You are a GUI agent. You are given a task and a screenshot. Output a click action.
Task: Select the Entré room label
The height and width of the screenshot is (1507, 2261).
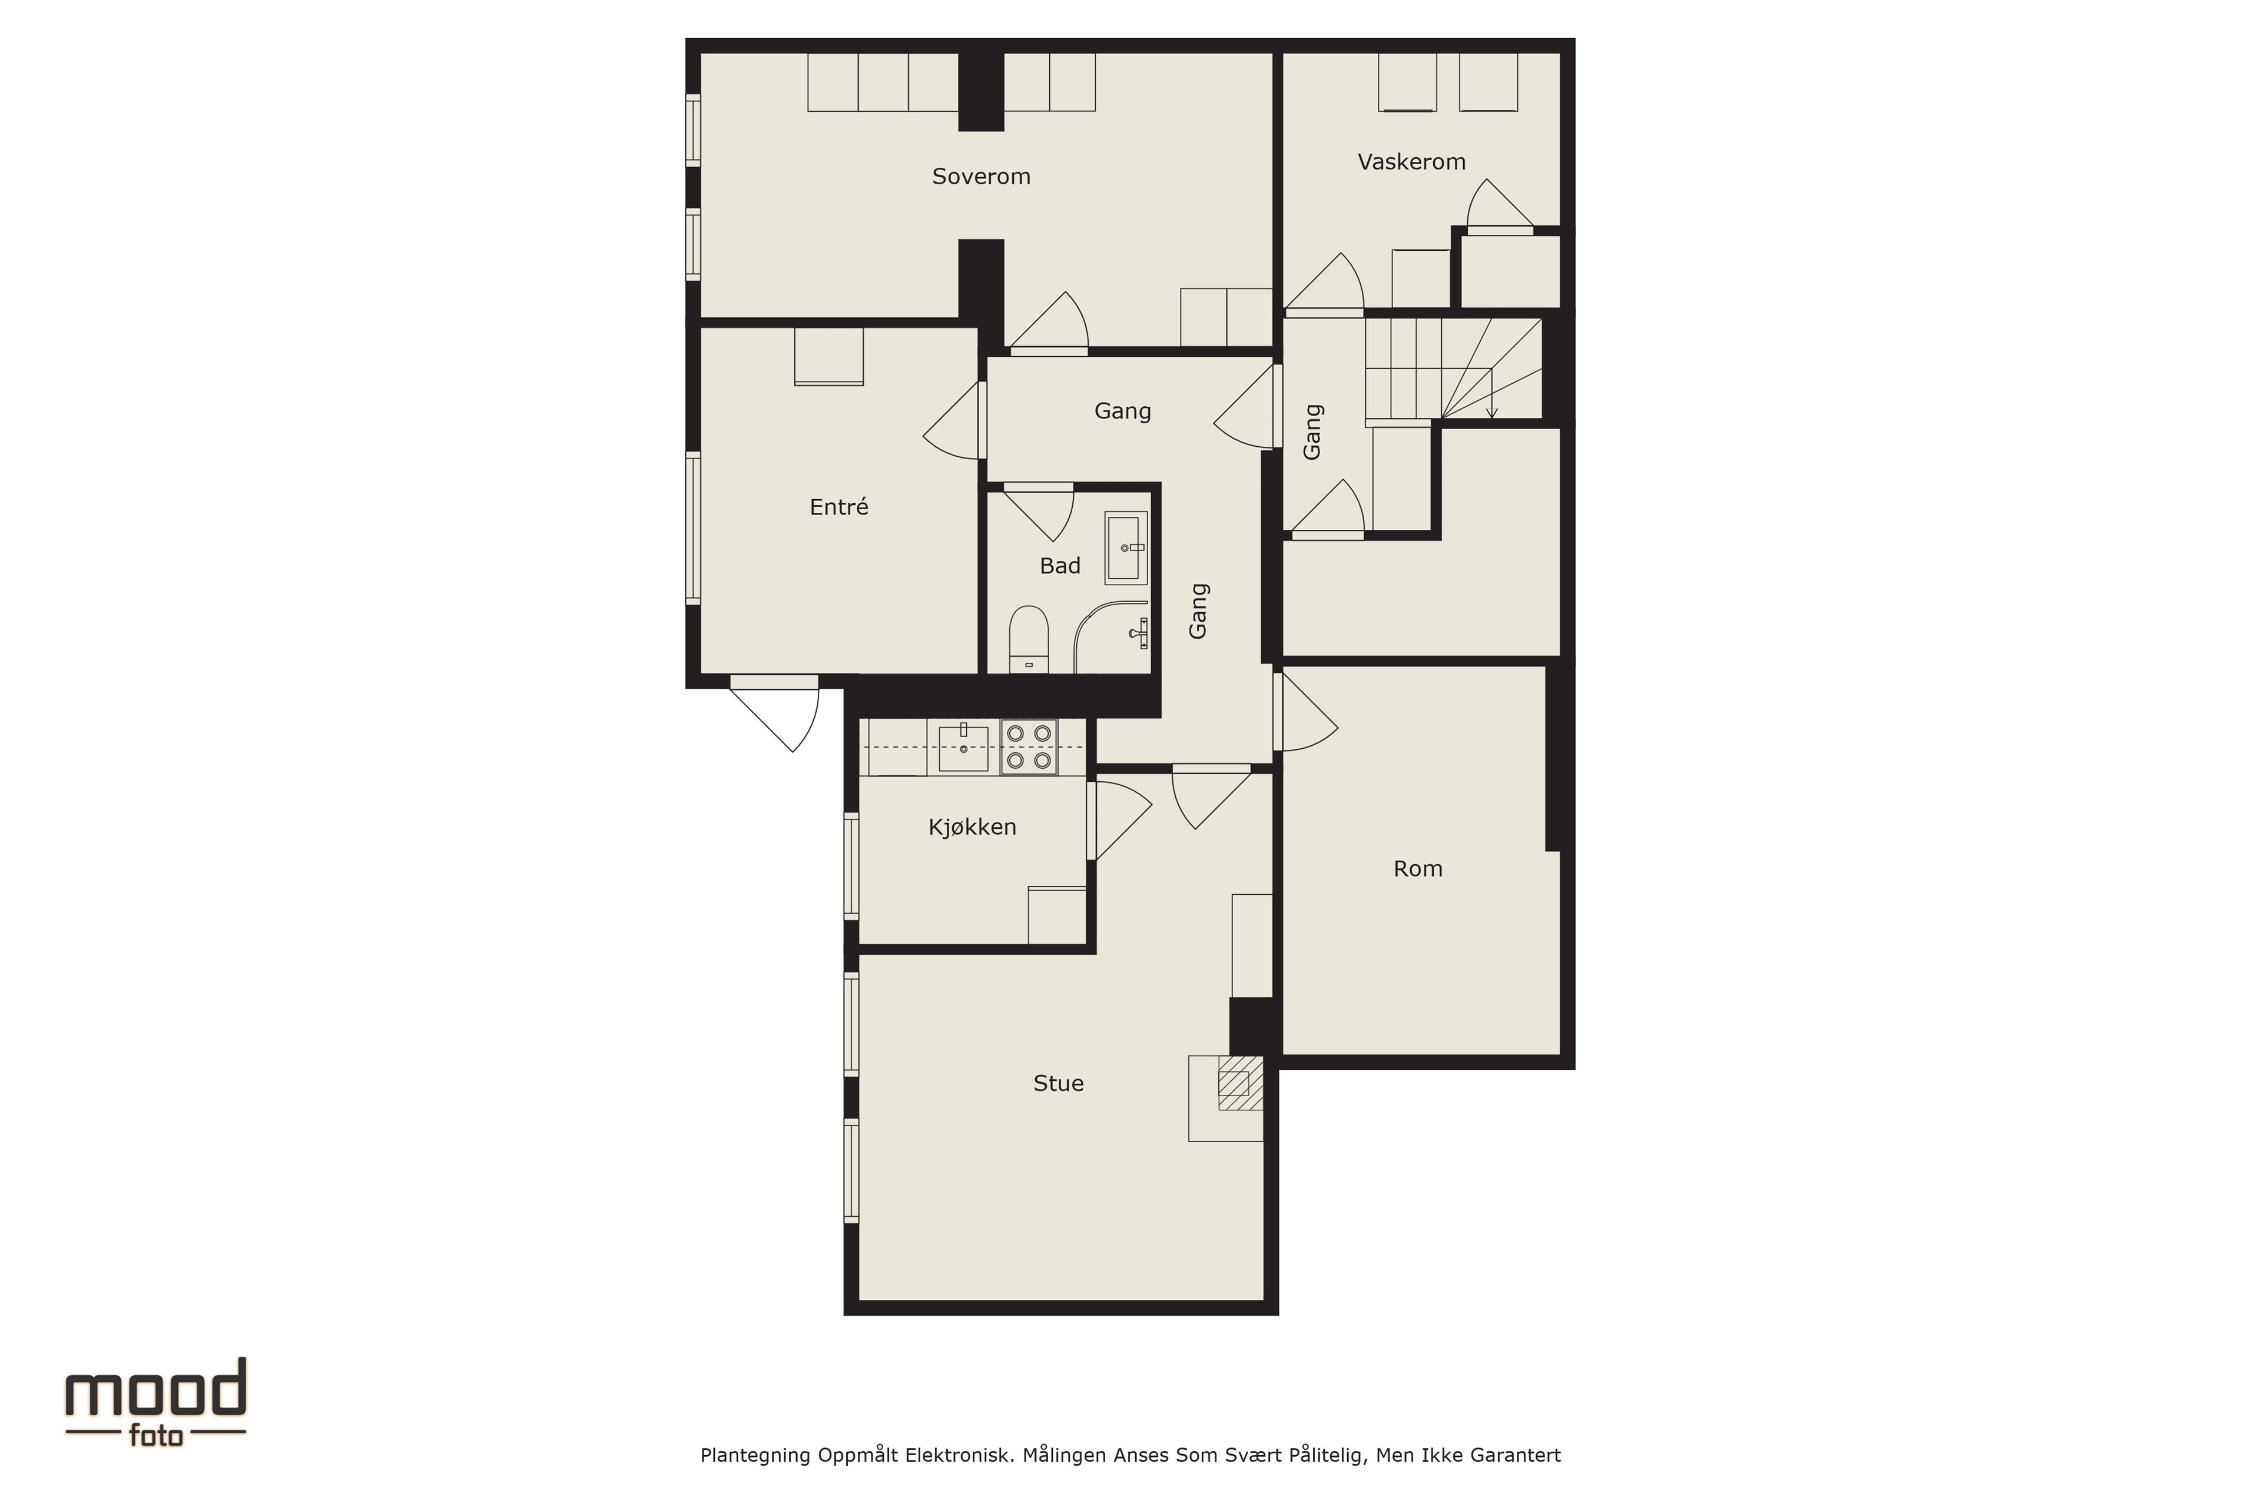838,506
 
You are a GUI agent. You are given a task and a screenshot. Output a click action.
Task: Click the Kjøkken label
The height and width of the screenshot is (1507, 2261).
972,826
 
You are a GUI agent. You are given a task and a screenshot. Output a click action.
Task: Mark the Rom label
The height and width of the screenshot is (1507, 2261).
1418,869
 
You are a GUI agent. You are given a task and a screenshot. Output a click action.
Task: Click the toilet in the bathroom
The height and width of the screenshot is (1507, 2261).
1029,639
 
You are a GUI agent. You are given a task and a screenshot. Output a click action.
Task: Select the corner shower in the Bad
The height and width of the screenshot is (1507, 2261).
1111,637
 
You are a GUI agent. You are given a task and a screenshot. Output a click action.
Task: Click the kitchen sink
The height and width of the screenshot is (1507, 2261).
963,748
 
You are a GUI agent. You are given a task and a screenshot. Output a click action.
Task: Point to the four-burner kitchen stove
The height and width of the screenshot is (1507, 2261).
1029,747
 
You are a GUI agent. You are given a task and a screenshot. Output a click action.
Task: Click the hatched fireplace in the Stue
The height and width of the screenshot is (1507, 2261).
1240,1083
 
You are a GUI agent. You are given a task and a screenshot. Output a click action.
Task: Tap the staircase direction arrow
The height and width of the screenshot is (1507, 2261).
1491,394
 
